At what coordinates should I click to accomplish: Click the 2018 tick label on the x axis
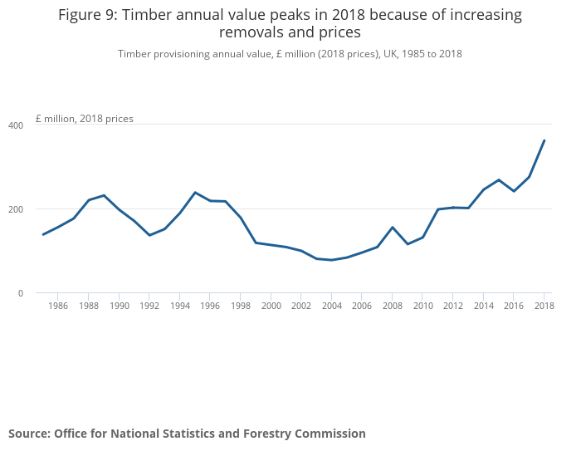point(544,306)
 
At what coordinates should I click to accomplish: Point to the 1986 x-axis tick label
point(58,306)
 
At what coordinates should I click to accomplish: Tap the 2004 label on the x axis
point(331,306)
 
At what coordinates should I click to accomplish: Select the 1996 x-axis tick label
point(210,306)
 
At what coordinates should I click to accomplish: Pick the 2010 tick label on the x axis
point(422,306)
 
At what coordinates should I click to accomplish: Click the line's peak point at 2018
point(544,140)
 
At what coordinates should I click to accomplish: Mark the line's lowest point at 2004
point(331,260)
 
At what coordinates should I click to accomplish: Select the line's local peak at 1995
point(195,193)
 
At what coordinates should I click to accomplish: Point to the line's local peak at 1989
point(104,195)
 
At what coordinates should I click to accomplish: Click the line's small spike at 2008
point(393,227)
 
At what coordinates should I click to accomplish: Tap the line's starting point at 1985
point(43,234)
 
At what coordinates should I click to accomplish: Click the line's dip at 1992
point(149,235)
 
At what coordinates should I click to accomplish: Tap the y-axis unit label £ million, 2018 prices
point(84,119)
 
